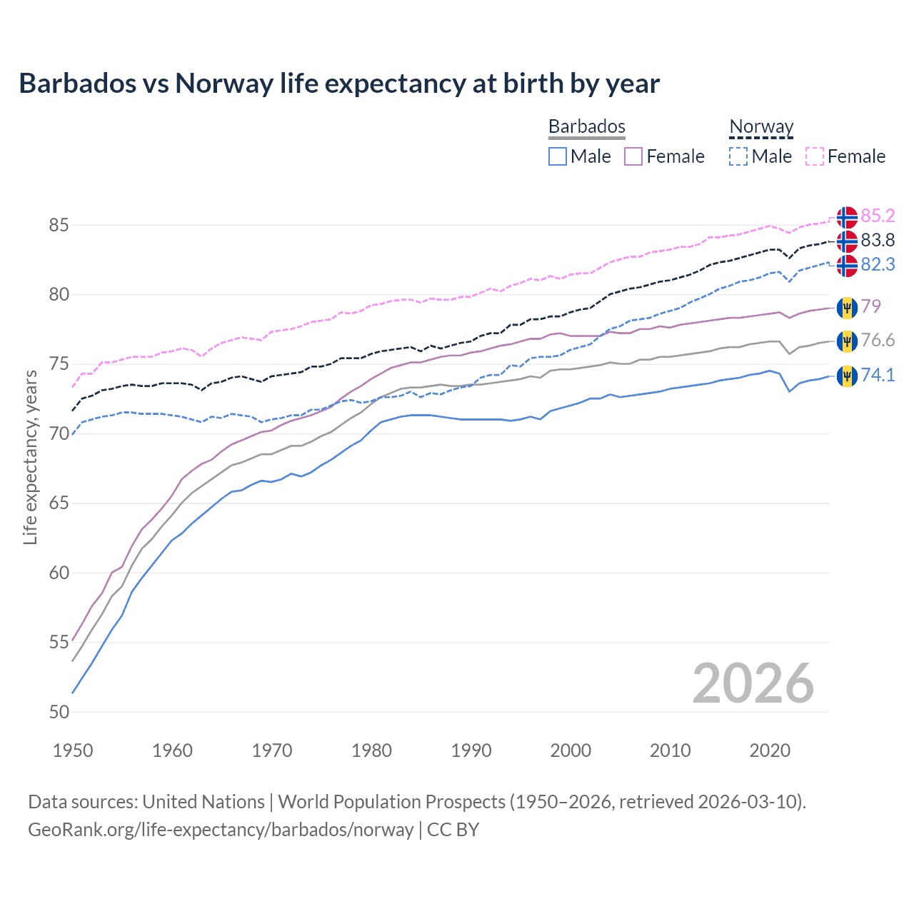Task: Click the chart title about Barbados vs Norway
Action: coord(339,84)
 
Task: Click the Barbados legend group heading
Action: coord(586,126)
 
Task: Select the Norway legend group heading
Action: coord(761,126)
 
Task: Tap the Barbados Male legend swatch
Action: coord(558,156)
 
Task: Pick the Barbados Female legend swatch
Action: coord(634,156)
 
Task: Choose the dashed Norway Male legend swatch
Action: coord(738,156)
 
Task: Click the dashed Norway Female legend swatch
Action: coord(815,156)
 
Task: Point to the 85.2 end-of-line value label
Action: coord(878,216)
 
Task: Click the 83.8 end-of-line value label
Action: coord(878,240)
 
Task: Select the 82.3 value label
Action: coord(878,264)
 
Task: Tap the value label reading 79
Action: coord(871,306)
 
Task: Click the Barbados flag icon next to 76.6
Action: coord(847,341)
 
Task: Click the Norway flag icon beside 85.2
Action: coord(847,217)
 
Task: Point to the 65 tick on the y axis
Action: coord(59,503)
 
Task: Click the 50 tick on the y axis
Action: coord(59,712)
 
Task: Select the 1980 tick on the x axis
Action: coord(371,750)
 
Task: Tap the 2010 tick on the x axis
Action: coord(670,750)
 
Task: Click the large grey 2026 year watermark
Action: coord(753,683)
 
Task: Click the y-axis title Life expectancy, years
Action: coord(31,457)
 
